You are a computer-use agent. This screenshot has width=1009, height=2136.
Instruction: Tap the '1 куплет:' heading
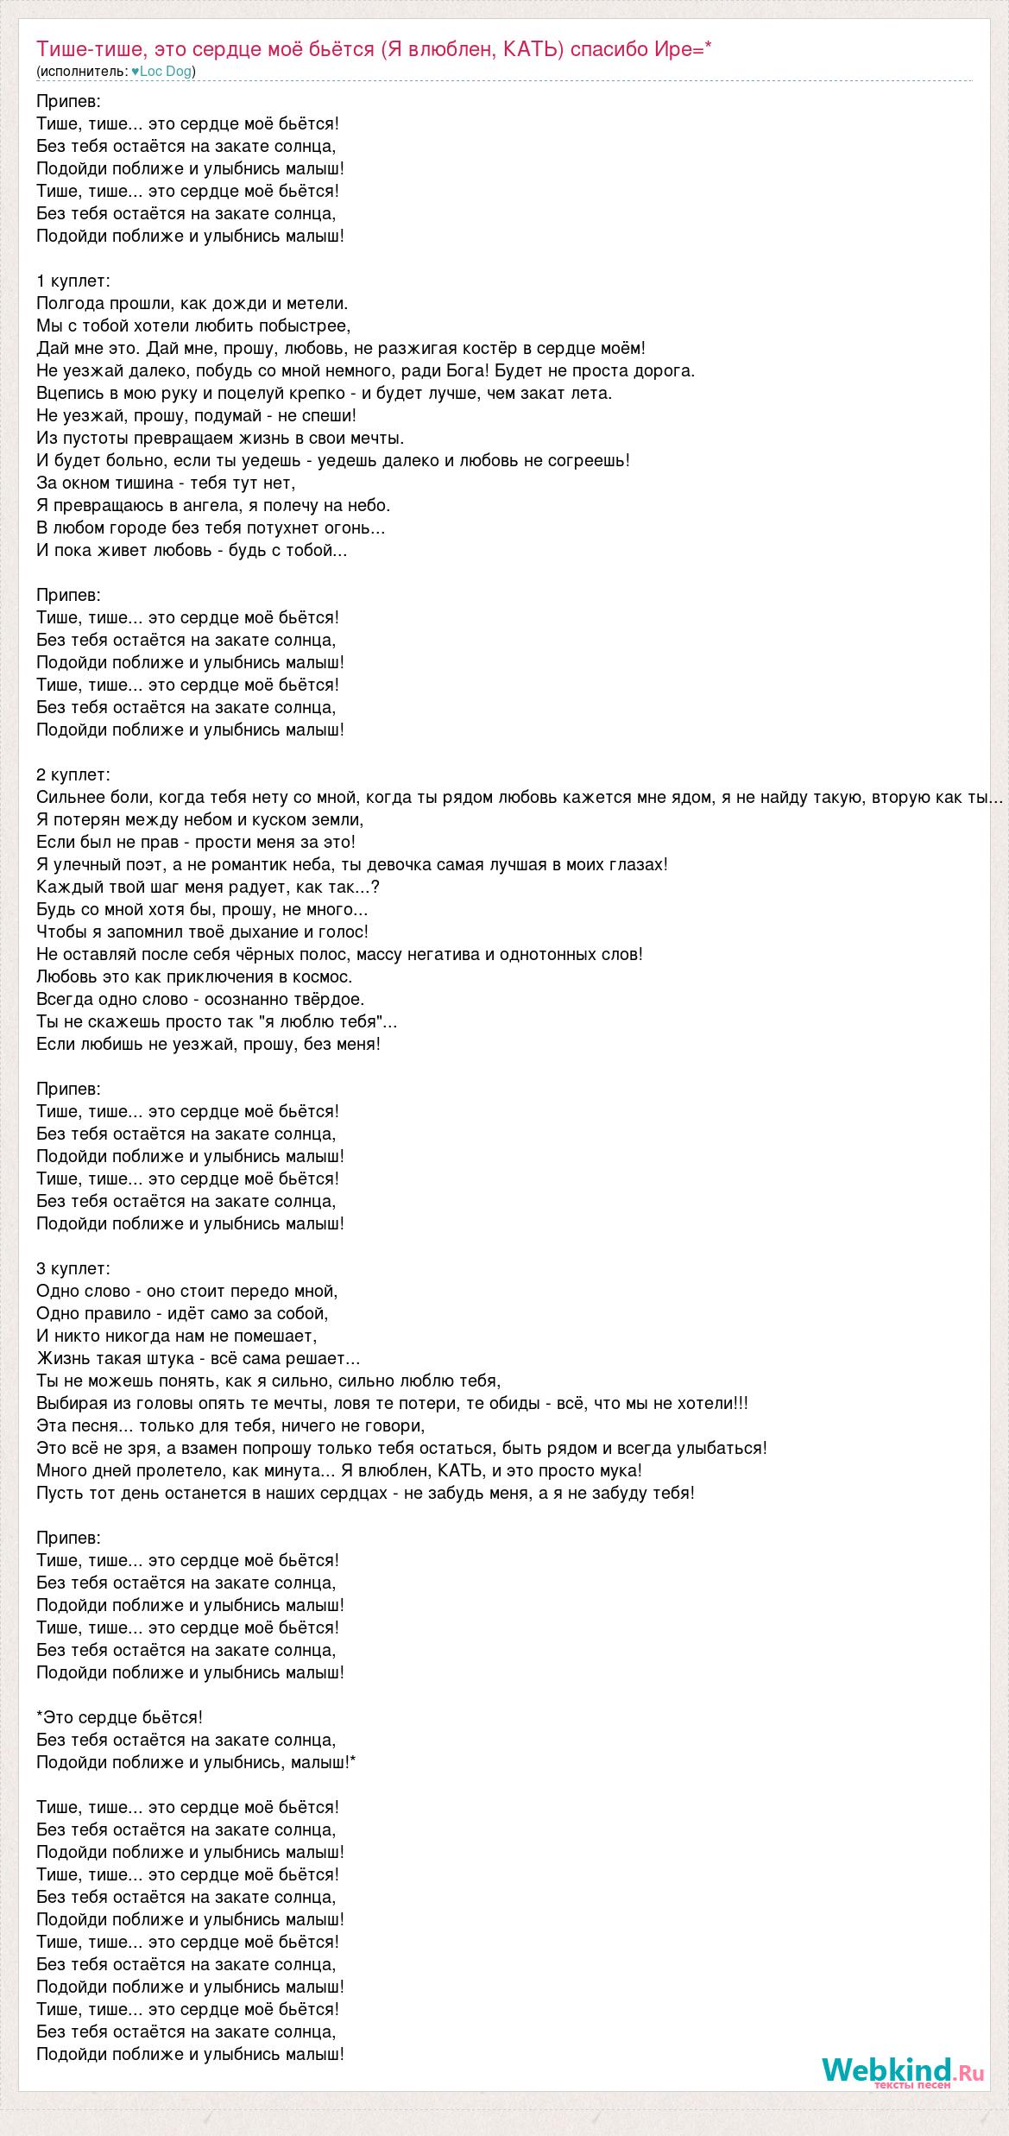[73, 281]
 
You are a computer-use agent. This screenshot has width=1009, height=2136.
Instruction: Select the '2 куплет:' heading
[73, 774]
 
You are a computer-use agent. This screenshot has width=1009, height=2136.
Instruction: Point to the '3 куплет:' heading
[73, 1268]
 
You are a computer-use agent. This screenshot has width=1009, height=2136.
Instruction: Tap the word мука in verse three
[617, 1470]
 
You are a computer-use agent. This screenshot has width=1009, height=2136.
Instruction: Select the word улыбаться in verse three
[723, 1448]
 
